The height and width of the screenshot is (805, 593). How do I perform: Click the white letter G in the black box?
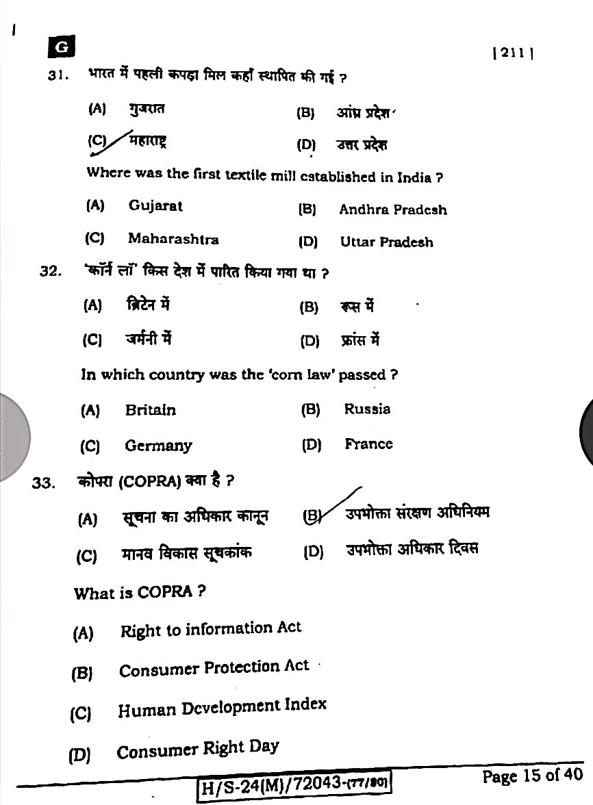click(62, 47)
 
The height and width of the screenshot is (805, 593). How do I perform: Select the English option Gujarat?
click(155, 205)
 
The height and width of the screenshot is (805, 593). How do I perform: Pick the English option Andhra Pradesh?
click(392, 209)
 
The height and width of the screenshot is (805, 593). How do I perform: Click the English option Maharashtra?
click(173, 239)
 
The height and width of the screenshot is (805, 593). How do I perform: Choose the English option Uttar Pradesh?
click(386, 242)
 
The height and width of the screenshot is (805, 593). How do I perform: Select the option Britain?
click(150, 410)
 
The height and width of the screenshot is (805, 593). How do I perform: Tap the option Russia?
click(367, 409)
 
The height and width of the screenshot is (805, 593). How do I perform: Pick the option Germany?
click(158, 446)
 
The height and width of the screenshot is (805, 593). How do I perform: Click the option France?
click(368, 444)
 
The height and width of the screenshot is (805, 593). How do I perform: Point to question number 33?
click(43, 483)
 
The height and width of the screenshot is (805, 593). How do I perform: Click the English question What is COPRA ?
click(140, 592)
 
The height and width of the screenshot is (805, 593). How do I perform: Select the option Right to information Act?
click(210, 629)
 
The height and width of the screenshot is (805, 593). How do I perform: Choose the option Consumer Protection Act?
click(214, 669)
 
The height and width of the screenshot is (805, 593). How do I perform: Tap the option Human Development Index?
click(222, 708)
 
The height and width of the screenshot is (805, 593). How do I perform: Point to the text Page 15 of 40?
click(532, 775)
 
